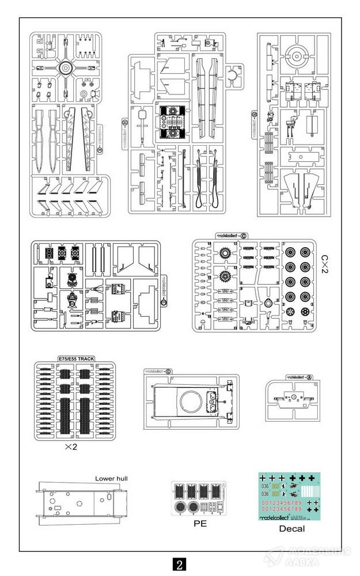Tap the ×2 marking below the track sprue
point(71,447)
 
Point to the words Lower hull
point(112,479)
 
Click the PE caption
point(199,524)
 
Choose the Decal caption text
point(291,528)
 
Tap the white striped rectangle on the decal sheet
point(308,491)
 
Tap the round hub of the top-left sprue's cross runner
point(65,68)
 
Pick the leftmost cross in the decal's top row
point(264,478)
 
